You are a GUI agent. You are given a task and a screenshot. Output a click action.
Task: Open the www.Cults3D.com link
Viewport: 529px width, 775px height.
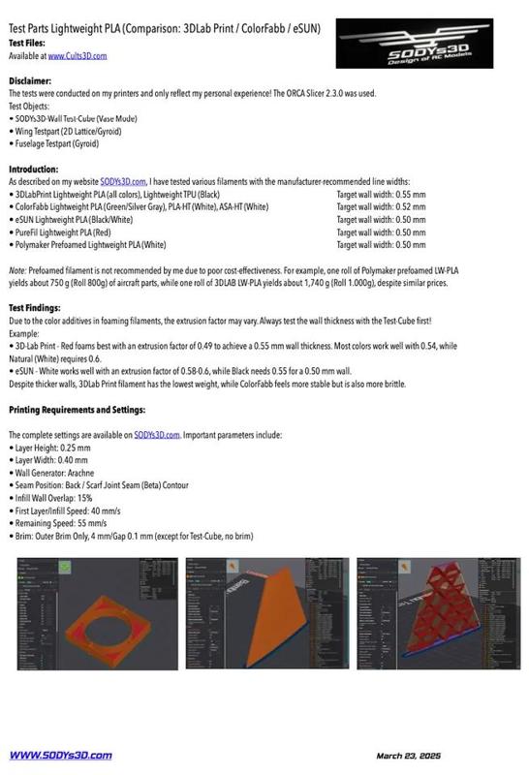click(77, 56)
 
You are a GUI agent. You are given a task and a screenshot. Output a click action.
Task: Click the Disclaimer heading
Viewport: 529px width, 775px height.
click(30, 81)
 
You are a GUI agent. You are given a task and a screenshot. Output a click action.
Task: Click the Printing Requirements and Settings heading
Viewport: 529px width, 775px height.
click(77, 410)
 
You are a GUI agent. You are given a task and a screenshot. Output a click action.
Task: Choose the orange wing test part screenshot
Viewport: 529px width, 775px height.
click(265, 612)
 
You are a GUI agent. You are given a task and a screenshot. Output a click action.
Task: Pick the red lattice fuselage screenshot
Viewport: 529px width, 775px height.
click(439, 612)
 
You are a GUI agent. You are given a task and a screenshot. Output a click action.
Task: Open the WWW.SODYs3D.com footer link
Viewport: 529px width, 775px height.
click(60, 756)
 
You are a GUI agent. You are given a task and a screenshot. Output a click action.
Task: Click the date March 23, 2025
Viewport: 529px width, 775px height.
click(409, 756)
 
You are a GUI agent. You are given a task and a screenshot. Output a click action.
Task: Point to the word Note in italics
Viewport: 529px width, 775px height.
click(17, 271)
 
